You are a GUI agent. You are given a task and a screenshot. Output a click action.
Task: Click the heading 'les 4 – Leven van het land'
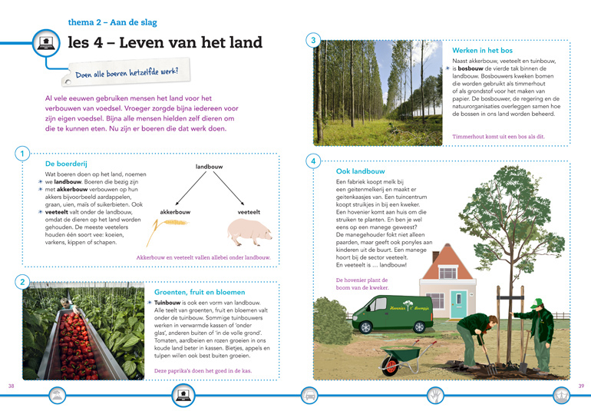[x=165, y=42]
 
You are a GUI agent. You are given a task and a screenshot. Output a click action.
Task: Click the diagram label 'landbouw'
[x=210, y=166]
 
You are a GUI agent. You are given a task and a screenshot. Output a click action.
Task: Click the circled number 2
[x=22, y=283]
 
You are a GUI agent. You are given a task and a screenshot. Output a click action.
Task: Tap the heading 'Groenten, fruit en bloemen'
[x=200, y=292]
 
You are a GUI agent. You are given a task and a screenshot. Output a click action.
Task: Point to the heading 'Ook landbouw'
[x=360, y=171]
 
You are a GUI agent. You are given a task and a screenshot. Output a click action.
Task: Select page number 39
[x=581, y=385]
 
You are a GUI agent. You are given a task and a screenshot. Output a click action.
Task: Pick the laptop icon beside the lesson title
[x=45, y=43]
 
